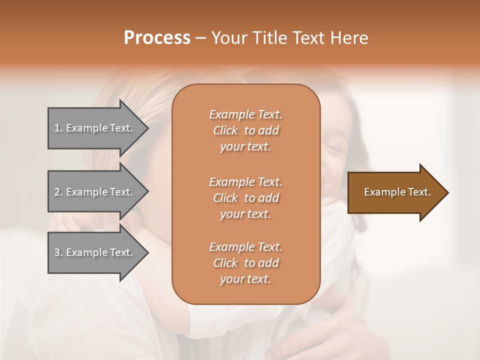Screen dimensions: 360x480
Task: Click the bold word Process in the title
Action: click(x=157, y=38)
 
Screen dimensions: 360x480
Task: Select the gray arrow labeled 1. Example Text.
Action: click(x=95, y=128)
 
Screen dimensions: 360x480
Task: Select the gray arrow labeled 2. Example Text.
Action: click(x=95, y=192)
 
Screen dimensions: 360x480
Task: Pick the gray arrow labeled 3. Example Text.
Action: click(x=95, y=252)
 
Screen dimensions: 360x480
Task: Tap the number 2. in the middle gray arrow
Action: click(x=58, y=192)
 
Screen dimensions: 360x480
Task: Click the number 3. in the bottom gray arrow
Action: click(x=58, y=252)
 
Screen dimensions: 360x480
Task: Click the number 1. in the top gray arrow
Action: click(x=58, y=128)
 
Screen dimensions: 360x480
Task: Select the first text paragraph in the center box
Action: click(x=245, y=130)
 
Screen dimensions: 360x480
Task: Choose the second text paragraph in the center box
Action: click(x=245, y=198)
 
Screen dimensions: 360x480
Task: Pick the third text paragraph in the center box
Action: click(x=245, y=263)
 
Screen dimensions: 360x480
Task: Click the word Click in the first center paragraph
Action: click(x=225, y=131)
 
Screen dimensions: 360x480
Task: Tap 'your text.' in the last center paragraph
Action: click(x=245, y=279)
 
